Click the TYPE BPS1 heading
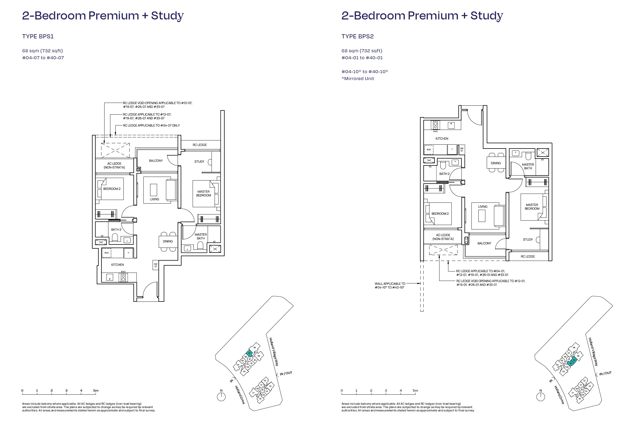[x=38, y=36]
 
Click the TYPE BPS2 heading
[x=357, y=36]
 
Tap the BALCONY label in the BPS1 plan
[x=156, y=161]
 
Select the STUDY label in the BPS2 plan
[x=528, y=239]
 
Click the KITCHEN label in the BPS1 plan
[x=118, y=265]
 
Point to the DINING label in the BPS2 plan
[x=496, y=163]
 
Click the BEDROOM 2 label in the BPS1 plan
[x=112, y=189]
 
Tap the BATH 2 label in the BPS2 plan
[x=444, y=174]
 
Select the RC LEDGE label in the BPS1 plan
[x=200, y=145]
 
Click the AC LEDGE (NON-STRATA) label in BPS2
[x=443, y=237]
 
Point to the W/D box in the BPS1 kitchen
[x=107, y=253]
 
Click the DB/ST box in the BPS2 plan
[x=462, y=150]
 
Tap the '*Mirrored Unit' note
[x=357, y=79]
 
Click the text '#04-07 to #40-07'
[x=43, y=58]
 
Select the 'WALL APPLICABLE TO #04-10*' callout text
[x=390, y=286]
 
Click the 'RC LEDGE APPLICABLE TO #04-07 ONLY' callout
[x=151, y=125]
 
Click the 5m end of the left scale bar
[x=96, y=391]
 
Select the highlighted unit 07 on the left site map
[x=249, y=353]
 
